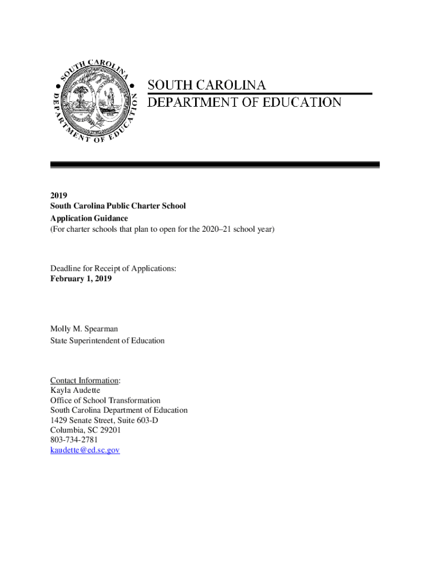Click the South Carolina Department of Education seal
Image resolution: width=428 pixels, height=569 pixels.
[94, 101]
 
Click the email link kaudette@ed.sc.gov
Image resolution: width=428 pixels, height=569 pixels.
[84, 450]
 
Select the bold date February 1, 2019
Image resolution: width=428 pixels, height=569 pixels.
[81, 279]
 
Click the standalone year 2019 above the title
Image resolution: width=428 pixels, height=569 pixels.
[58, 196]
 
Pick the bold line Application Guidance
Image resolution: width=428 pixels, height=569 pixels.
[89, 218]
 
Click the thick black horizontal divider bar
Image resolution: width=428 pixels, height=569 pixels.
[215, 165]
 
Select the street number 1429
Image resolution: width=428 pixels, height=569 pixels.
[59, 420]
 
